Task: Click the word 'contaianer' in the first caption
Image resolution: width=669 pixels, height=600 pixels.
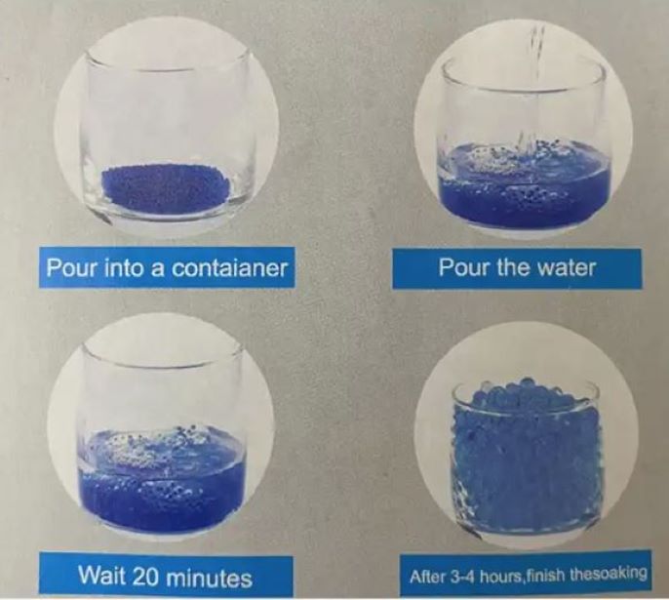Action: tap(229, 268)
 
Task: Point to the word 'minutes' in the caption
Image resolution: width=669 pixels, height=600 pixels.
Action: tap(209, 578)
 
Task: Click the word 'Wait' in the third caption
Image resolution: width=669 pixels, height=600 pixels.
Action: tap(103, 576)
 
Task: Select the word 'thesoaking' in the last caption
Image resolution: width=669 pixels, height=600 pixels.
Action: tap(608, 574)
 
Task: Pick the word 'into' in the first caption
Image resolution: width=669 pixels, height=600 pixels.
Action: tap(123, 267)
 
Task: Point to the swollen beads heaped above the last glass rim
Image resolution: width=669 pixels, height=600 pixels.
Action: tap(526, 391)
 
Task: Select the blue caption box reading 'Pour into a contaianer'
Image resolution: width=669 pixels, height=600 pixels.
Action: tap(167, 268)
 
